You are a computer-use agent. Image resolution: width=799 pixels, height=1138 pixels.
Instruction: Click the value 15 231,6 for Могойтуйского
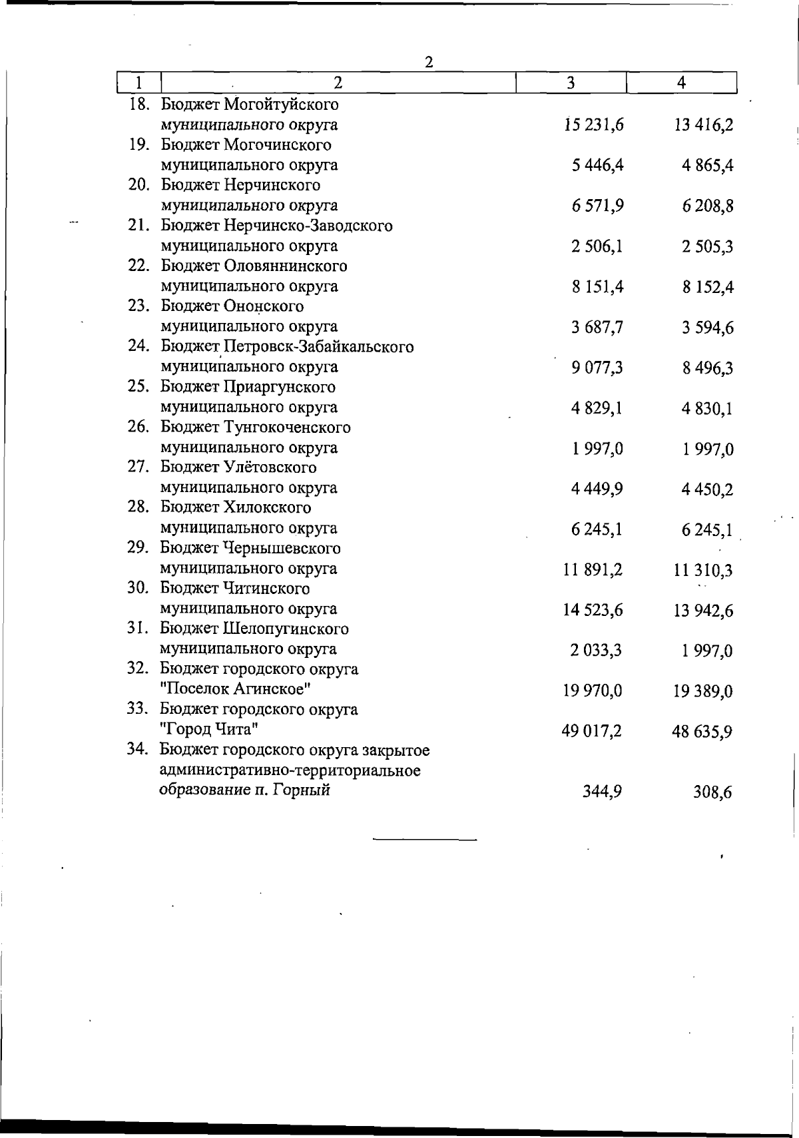point(593,125)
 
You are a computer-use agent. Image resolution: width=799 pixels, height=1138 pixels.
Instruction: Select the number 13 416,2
point(704,125)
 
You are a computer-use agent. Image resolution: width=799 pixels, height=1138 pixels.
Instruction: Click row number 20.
point(138,185)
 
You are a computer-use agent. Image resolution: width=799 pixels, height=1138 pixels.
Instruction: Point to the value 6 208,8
point(708,206)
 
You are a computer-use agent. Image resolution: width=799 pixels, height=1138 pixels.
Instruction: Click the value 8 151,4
point(597,286)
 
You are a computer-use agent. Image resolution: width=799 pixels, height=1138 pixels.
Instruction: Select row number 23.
point(138,306)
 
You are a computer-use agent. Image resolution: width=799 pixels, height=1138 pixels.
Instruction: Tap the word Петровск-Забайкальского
point(319,347)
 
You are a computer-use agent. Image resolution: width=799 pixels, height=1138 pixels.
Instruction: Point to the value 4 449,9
point(597,489)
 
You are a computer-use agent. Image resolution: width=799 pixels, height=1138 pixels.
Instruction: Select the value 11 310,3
point(704,570)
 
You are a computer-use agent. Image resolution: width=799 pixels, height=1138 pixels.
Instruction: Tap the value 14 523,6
point(593,609)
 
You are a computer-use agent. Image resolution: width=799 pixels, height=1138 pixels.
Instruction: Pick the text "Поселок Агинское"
point(235,689)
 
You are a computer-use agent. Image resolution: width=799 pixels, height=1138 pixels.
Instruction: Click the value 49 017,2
point(593,731)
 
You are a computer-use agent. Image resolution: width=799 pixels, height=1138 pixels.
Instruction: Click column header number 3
point(571,83)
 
